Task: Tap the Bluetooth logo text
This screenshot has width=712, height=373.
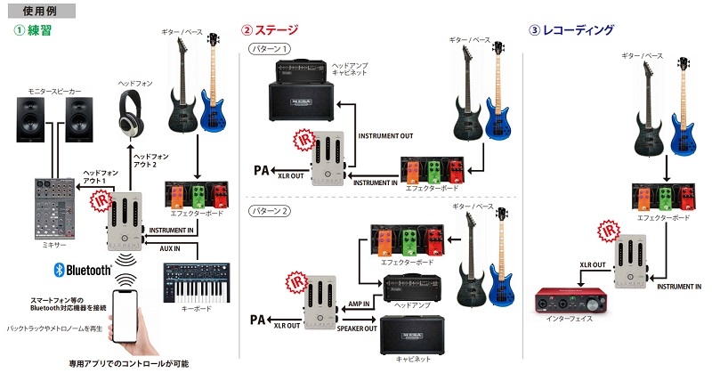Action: click(x=81, y=270)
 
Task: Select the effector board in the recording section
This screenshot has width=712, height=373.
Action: click(x=660, y=196)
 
